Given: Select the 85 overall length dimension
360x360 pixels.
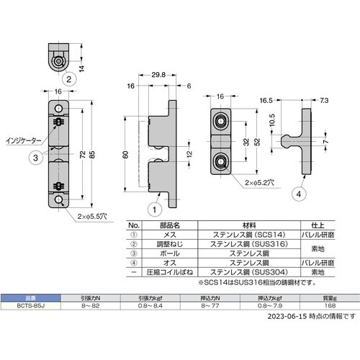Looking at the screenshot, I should point(93,155).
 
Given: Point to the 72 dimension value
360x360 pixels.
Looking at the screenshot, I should point(82,155).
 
